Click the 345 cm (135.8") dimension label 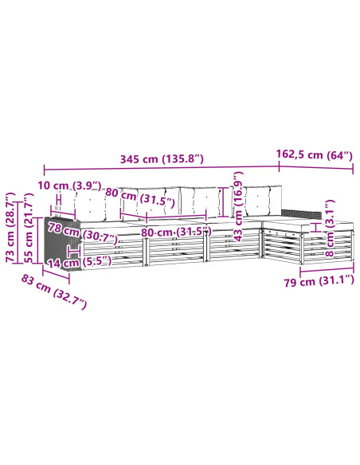tap(162, 159)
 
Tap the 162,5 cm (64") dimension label tap(315, 154)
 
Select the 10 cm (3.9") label tap(69, 186)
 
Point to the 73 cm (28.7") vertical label tap(11, 227)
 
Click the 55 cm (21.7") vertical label tap(29, 228)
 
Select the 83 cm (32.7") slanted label tap(53, 291)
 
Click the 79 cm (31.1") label tap(319, 281)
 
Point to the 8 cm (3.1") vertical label tap(330, 228)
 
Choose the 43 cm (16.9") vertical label tap(237, 206)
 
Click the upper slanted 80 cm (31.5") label tap(140, 197)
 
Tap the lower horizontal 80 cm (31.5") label tap(176, 232)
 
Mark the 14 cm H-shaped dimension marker tap(74, 252)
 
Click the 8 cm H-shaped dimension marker tap(316, 228)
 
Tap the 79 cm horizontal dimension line tap(327, 270)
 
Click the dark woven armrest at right tap(301, 213)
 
